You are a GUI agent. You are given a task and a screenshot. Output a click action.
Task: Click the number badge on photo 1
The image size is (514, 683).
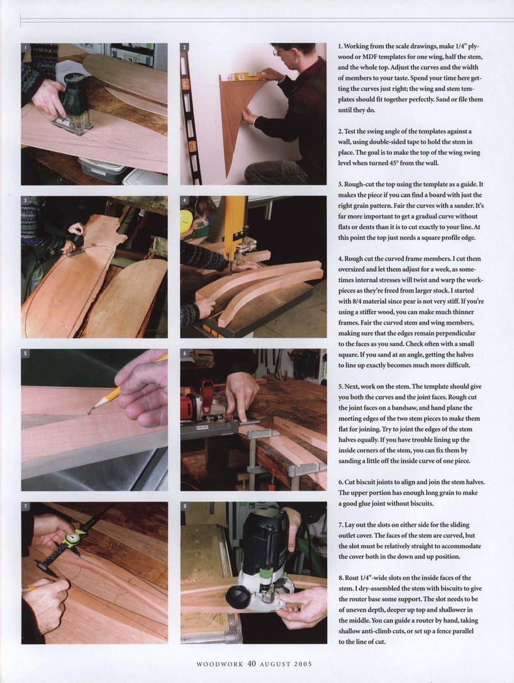click(25, 47)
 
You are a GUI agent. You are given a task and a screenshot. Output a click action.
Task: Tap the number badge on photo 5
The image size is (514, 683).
click(25, 353)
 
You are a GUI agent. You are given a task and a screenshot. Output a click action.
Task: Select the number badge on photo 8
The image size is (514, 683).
click(185, 506)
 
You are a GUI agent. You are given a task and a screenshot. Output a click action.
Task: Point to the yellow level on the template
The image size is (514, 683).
click(244, 77)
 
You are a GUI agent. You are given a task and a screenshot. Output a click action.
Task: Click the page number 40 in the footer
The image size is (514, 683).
click(251, 664)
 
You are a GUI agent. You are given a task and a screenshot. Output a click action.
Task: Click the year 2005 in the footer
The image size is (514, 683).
click(303, 664)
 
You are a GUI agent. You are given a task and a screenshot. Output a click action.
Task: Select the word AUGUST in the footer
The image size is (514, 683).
click(275, 664)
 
